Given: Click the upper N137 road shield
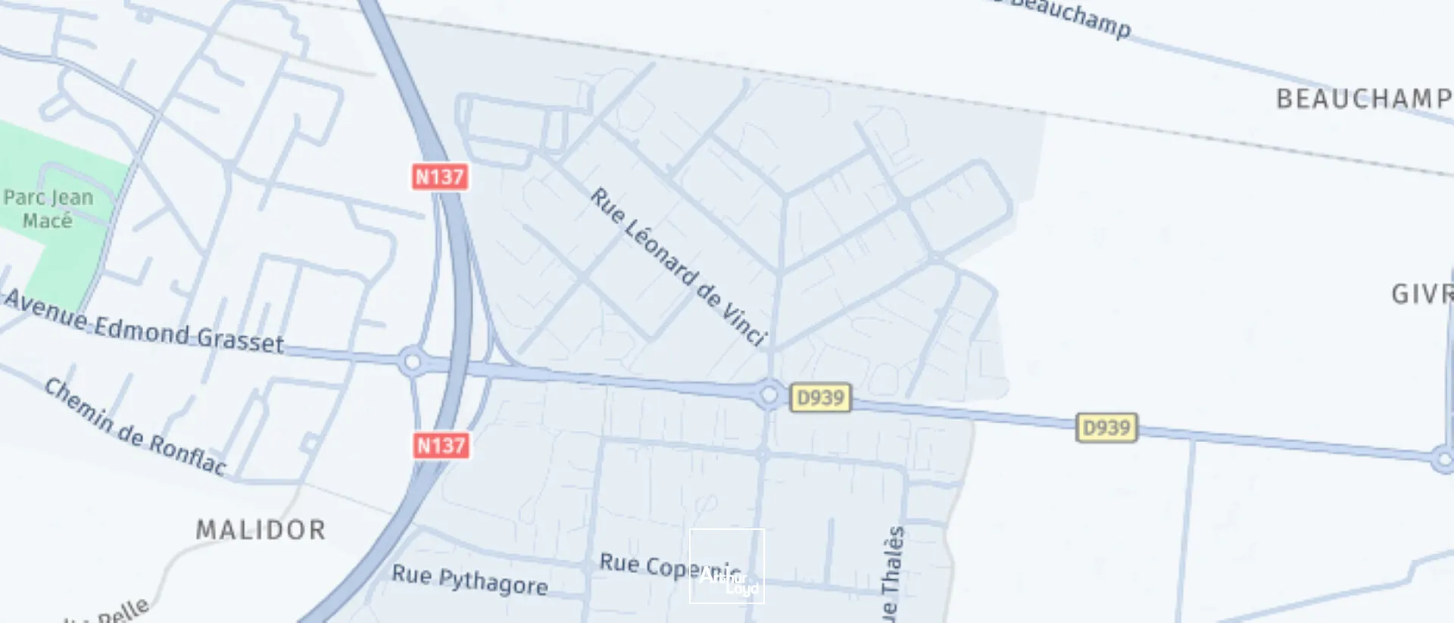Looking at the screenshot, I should tap(439, 176).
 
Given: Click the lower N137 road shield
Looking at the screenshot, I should tap(441, 445).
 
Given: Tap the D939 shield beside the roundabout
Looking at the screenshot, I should tap(820, 397).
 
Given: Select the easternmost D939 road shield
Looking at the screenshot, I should tap(1106, 428).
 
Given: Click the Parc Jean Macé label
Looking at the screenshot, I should tap(48, 209).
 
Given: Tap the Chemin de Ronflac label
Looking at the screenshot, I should tap(135, 427).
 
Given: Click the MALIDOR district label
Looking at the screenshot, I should tap(261, 530).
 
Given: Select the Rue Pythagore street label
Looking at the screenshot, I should tap(470, 581).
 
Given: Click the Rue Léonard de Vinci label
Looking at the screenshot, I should tap(679, 266).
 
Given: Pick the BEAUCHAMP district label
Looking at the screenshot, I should tap(1363, 99).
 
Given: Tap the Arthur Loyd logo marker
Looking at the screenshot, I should tap(727, 566).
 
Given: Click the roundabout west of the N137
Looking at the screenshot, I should tap(412, 362).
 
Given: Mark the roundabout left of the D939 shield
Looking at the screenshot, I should tap(769, 394).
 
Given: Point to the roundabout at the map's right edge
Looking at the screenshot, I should tap(1443, 459).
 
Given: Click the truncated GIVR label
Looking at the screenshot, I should tap(1421, 294).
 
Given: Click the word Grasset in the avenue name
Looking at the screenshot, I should tap(240, 340).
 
